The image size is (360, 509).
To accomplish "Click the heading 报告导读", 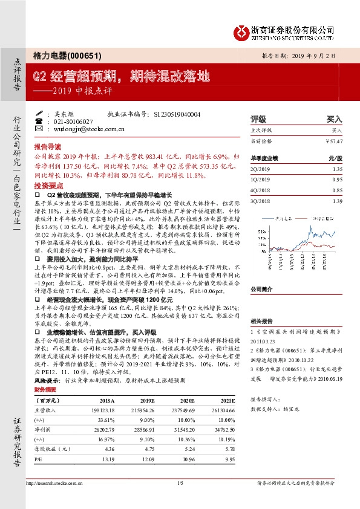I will click(x=47, y=147).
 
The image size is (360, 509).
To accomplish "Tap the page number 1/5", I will click(x=180, y=499).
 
